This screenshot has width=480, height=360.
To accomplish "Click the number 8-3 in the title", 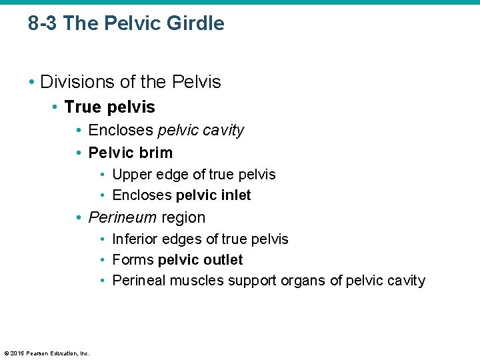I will pyautogui.click(x=43, y=23).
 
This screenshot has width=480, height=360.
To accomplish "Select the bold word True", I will pyautogui.click(x=82, y=107).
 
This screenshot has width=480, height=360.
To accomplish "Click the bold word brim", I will pyautogui.click(x=157, y=153).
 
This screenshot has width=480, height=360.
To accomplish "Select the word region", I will pyautogui.click(x=183, y=217).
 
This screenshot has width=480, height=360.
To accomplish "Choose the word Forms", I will pyautogui.click(x=133, y=260).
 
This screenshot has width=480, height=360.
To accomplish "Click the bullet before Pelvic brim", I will pyautogui.click(x=79, y=153).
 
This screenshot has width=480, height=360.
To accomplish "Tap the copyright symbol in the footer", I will pyautogui.click(x=6, y=353).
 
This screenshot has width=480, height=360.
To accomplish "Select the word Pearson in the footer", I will pyautogui.click(x=37, y=353).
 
